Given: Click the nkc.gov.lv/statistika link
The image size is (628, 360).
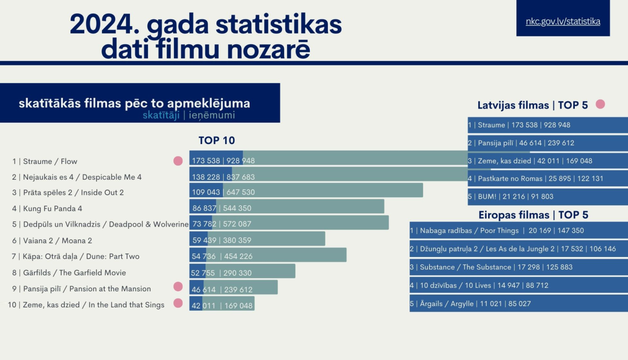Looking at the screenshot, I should [563, 21].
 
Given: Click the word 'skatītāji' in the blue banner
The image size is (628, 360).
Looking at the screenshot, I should [161, 115].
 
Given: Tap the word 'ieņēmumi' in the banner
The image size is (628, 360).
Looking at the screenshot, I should [212, 115].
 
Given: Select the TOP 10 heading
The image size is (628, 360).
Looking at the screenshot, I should [216, 140].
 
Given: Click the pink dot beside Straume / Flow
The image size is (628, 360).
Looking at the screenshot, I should [178, 161].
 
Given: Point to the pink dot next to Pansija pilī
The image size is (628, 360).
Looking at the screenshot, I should [178, 286].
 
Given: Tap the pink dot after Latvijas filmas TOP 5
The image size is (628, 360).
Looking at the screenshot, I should [600, 104].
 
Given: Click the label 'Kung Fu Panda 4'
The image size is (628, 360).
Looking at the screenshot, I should [52, 208].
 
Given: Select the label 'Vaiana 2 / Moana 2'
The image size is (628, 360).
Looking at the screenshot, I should [57, 241].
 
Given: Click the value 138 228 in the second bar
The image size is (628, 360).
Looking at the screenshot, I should [206, 177].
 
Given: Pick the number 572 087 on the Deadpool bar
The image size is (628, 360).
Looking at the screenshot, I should [237, 224].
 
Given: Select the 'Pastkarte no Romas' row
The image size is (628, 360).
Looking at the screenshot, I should [536, 178].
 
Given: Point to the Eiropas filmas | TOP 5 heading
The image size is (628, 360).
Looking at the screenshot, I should [533, 215].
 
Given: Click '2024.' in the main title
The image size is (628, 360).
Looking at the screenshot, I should [104, 24].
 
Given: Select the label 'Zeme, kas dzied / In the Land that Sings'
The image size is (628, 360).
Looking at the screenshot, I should [93, 305].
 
